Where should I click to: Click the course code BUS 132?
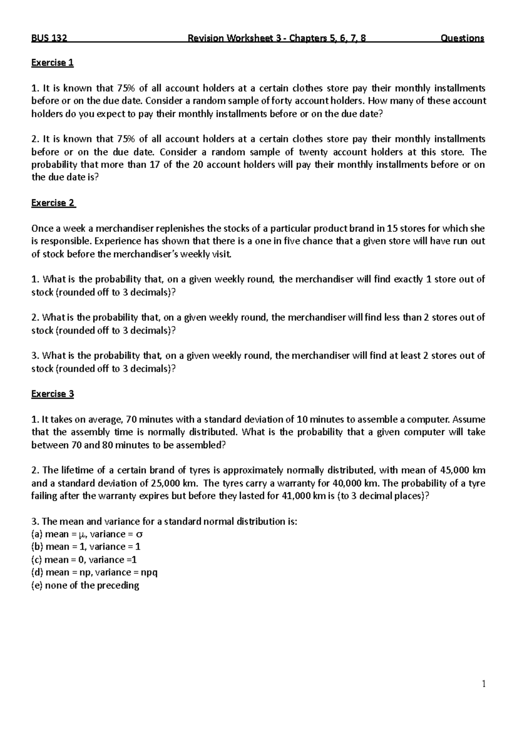pos(49,38)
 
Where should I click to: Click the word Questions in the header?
pos(462,38)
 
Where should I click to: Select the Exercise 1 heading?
pos(52,63)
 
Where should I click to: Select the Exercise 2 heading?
pos(53,203)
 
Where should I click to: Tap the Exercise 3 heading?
pos(53,394)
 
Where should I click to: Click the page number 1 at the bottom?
pos(483,684)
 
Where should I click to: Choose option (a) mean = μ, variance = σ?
pos(87,534)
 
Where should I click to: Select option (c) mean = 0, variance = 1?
pos(84,560)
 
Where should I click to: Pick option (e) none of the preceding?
pos(85,585)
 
